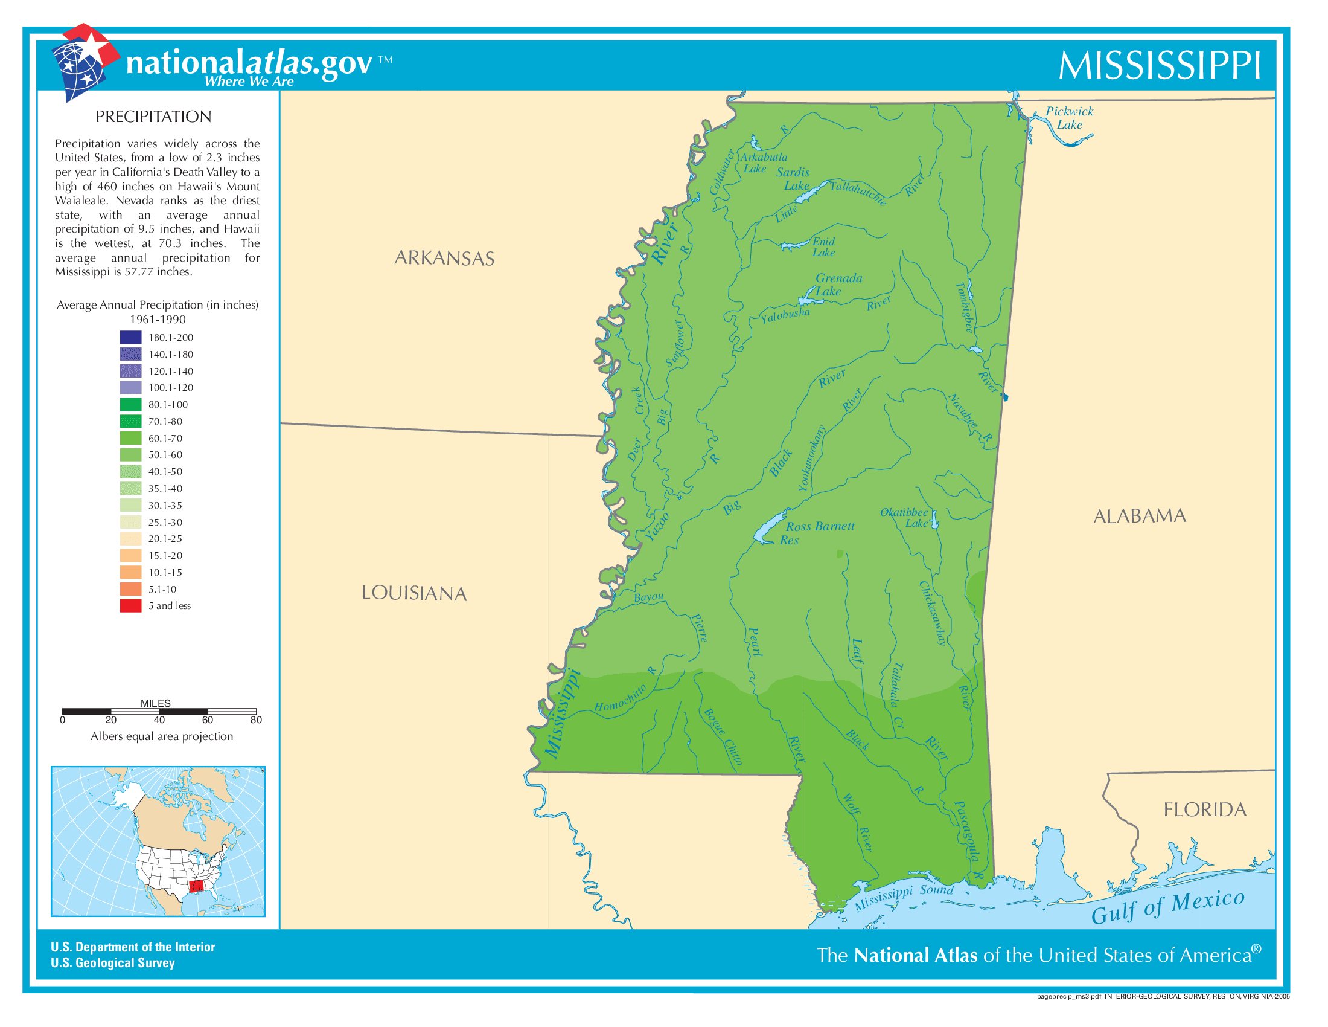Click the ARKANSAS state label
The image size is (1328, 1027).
coord(444,258)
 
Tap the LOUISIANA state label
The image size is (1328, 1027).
coord(414,593)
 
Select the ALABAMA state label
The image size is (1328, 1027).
coord(1140,516)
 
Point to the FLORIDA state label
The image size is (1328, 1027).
coord(1205,810)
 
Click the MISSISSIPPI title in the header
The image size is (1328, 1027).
coord(1160,65)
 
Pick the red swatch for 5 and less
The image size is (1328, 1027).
coord(131,606)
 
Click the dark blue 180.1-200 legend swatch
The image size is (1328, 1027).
coord(131,337)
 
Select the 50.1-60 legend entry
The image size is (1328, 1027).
coord(152,454)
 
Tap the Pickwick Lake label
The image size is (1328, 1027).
coord(1069,117)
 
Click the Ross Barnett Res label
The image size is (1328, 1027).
coord(818,532)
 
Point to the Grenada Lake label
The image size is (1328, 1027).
coord(838,284)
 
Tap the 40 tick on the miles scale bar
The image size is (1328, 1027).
coord(159,720)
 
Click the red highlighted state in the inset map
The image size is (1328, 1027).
coord(196,886)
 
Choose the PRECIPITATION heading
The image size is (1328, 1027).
coord(153,117)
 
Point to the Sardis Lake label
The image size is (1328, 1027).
coord(794,179)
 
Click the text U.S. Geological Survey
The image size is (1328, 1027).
coord(113,962)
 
